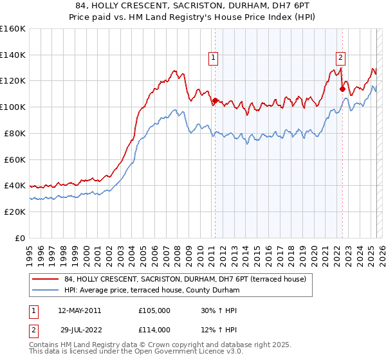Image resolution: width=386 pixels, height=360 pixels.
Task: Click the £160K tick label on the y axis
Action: [13, 29]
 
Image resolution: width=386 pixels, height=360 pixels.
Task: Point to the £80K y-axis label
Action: [15, 133]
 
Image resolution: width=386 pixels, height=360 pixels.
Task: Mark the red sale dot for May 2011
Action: [215, 101]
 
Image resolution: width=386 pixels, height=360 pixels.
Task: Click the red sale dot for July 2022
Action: [342, 89]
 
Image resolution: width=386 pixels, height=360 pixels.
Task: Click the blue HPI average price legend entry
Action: [152, 291]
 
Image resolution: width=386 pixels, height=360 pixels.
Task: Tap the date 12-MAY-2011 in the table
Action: [80, 310]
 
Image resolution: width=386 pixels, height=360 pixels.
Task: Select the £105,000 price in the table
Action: [154, 310]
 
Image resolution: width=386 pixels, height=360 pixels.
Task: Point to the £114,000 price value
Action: [154, 330]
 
